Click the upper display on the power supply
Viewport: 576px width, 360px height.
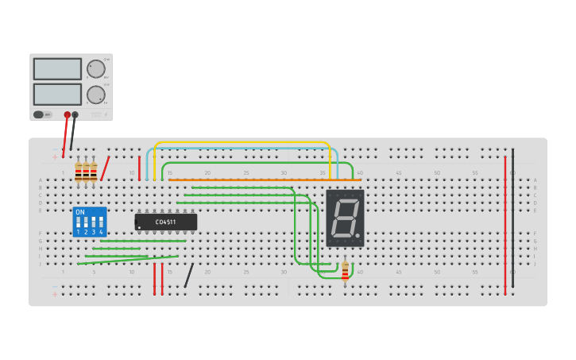coord(57,69)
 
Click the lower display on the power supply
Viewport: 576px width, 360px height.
coord(57,95)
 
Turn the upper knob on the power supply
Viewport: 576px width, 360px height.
coord(95,69)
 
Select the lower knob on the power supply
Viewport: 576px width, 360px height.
coord(95,95)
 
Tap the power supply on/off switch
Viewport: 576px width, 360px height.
coord(38,114)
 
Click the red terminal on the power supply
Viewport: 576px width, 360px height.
coord(68,115)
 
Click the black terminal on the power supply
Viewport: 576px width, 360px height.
coord(75,115)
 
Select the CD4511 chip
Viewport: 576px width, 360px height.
coord(165,222)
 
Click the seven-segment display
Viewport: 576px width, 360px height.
coord(345,217)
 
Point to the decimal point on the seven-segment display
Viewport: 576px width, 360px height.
coord(358,235)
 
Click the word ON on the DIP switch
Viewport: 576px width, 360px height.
coord(79,212)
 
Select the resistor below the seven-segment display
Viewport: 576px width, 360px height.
coord(345,271)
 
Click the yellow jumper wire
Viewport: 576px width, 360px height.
coord(242,143)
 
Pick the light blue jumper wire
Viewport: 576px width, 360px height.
coord(242,149)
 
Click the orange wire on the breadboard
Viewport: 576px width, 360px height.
coord(262,180)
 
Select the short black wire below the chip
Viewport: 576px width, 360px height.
coord(188,276)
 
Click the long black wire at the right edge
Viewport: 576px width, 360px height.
coord(512,219)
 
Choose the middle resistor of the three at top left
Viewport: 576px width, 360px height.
coord(86,172)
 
